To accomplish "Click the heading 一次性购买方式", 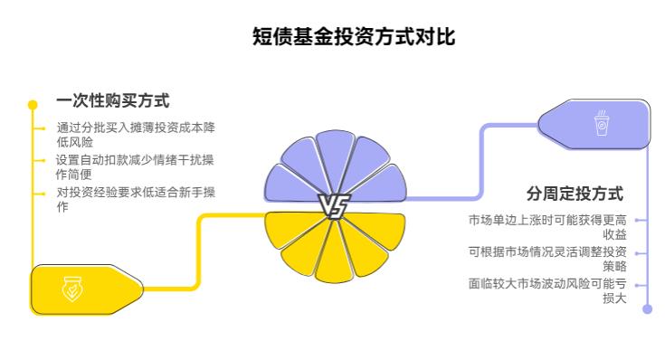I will tap(112, 101).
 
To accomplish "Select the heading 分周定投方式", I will tap(575, 194).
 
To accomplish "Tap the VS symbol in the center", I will tap(333, 207).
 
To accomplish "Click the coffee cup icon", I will tap(601, 124).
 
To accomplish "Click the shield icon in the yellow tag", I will tap(71, 289).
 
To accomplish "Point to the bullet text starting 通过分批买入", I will tap(135, 134).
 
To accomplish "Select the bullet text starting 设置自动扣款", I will tap(135, 166).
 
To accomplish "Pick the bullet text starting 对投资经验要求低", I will tap(135, 199).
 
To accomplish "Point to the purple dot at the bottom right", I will tap(647, 309).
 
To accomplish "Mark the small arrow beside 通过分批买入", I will tap(41, 128).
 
